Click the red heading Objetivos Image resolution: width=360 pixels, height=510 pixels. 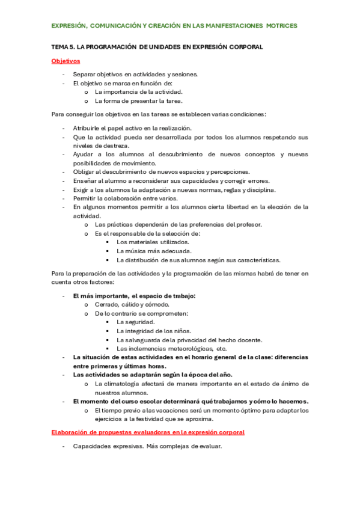coord(66,61)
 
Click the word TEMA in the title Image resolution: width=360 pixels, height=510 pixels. coord(61,47)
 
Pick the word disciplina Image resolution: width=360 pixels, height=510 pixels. coord(261,189)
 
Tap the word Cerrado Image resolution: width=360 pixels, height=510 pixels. coord(106,304)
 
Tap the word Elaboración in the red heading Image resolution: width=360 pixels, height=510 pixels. coord(72,432)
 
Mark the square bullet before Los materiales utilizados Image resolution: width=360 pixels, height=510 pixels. coord(107,242)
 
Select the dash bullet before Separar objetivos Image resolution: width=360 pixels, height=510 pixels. coord(63,75)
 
